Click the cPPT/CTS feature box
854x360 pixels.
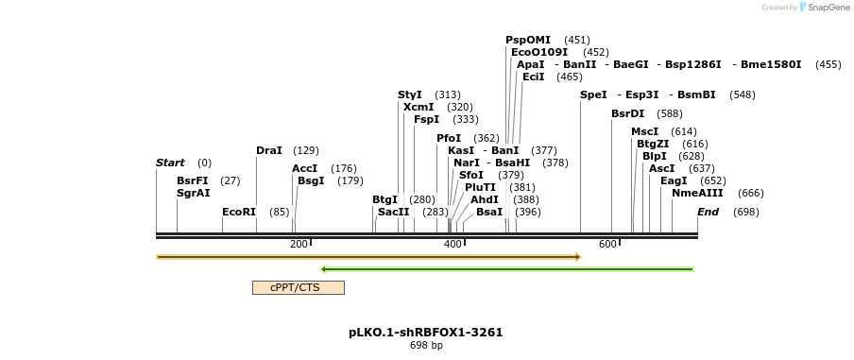tap(298, 287)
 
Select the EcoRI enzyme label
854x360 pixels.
tap(239, 212)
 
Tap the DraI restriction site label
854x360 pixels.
tap(269, 150)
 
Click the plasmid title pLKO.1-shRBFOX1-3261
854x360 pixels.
tap(425, 333)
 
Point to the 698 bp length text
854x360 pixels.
tap(425, 346)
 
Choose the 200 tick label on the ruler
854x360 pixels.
tap(299, 244)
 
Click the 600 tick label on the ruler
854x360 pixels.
tap(607, 244)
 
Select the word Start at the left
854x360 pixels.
tap(170, 163)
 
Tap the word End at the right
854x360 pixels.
tap(709, 212)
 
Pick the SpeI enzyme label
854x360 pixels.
tap(593, 94)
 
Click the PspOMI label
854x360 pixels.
tap(528, 40)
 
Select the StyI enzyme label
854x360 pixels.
tap(410, 94)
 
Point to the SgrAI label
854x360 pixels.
tap(194, 193)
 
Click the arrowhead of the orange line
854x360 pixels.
tap(576, 257)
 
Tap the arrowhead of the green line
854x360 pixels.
tap(324, 269)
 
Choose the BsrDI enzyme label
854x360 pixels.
tap(627, 113)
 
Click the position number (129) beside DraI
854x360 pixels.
tap(306, 150)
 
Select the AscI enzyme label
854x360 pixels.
tap(662, 168)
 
